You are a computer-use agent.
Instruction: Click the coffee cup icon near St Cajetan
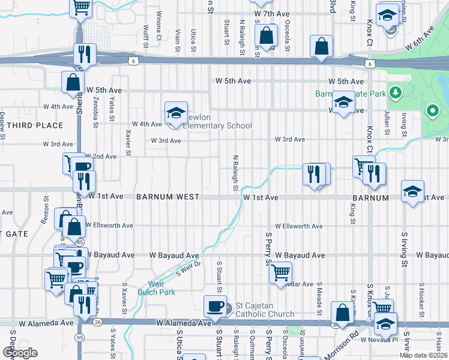[x=214, y=307]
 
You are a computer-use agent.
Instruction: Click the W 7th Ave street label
[x=273, y=13]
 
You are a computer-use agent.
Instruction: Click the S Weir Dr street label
[x=187, y=268]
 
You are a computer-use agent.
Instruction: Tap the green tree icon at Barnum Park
[x=395, y=92]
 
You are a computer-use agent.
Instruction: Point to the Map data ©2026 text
[x=423, y=355]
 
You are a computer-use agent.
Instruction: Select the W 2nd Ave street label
[x=101, y=157]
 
